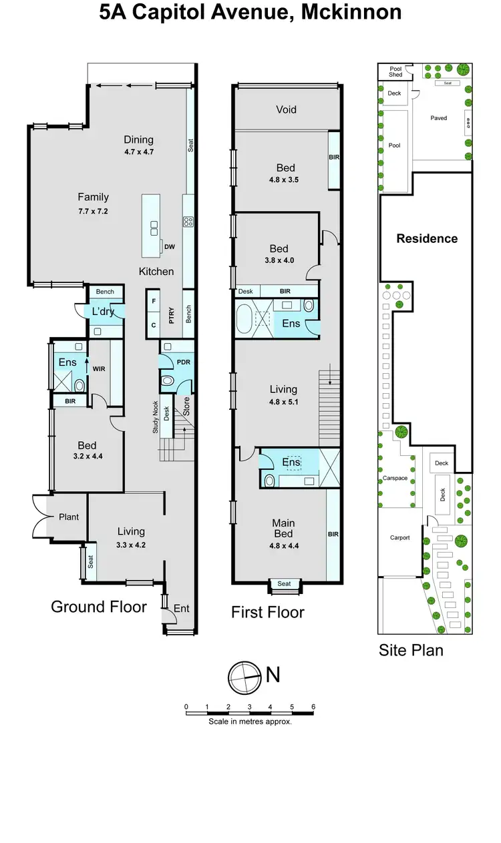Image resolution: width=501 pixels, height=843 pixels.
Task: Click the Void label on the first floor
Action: [x=286, y=109]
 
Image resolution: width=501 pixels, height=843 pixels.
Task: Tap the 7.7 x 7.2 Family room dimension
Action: [x=93, y=211]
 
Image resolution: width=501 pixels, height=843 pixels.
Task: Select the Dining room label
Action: [x=138, y=140]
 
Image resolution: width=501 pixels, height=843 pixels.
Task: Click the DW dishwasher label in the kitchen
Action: [x=169, y=247]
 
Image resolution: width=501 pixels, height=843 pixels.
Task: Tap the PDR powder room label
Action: [x=183, y=362]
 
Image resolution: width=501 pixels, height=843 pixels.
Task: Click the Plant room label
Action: [x=68, y=517]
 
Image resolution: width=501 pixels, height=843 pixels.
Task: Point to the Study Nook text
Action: [x=155, y=416]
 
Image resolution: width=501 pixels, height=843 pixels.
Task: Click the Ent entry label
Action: [x=182, y=608]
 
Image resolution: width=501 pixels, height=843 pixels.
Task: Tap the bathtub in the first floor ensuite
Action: [x=245, y=318]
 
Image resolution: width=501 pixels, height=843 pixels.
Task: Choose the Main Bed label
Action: [x=283, y=529]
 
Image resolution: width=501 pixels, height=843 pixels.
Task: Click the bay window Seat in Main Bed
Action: [x=284, y=584]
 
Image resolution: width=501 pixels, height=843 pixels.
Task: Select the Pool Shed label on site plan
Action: [x=395, y=72]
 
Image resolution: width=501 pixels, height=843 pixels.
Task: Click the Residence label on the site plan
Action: [x=427, y=238]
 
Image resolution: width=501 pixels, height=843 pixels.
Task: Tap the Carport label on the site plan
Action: [x=399, y=537]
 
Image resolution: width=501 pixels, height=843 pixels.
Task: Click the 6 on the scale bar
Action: [x=313, y=706]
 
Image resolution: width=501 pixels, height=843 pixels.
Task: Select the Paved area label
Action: [x=438, y=118]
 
